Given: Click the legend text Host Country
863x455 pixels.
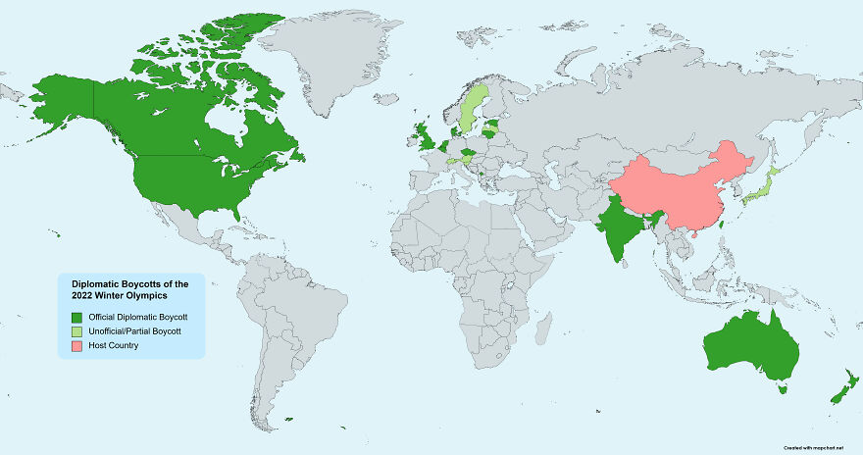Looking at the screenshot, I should click(x=113, y=345).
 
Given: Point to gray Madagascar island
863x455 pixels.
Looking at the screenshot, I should click(x=541, y=329).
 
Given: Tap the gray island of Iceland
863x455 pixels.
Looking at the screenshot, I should click(x=387, y=98).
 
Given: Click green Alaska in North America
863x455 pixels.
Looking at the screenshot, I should click(x=64, y=93).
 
